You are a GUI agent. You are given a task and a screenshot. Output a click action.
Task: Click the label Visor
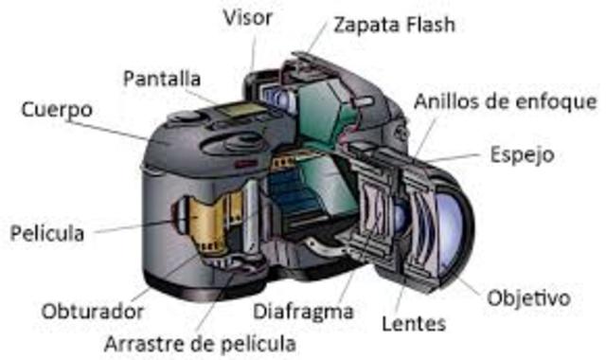[x=248, y=17]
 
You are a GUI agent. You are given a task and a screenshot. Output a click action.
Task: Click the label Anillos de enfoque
[x=505, y=100]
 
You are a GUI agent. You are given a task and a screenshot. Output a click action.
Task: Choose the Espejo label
[x=521, y=153]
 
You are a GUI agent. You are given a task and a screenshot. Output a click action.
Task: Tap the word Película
[x=47, y=232]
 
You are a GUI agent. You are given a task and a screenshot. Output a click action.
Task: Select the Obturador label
[x=93, y=311]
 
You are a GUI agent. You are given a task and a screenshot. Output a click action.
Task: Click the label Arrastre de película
[x=200, y=342]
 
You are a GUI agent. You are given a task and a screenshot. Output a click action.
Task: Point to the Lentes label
[x=413, y=323]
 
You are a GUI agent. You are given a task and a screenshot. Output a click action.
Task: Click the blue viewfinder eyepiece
[x=275, y=96]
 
